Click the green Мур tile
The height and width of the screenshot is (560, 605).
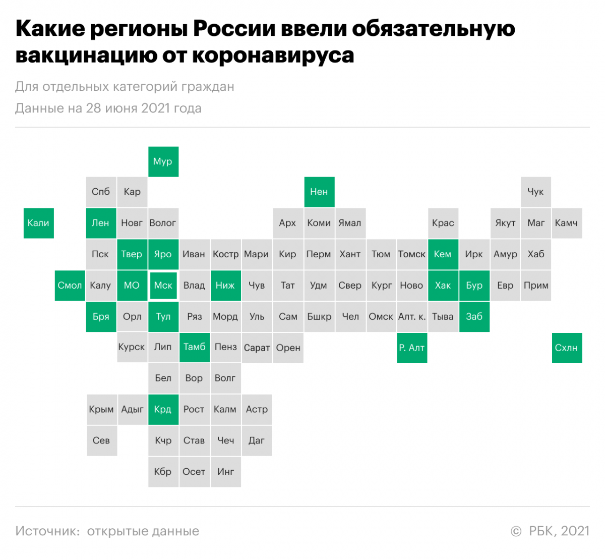[163, 161]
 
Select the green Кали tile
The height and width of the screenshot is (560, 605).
[39, 223]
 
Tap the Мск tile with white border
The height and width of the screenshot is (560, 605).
[163, 286]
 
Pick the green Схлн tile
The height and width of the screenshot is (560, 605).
[567, 348]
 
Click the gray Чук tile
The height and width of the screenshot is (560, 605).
[536, 192]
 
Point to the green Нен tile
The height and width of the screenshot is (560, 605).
[319, 192]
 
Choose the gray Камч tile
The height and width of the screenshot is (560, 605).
[567, 223]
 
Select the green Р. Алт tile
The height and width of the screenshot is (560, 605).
[412, 348]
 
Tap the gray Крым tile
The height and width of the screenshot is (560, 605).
[102, 410]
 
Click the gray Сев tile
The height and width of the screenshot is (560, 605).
[102, 440]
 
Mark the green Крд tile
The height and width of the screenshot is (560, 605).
[163, 410]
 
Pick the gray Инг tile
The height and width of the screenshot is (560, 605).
[225, 472]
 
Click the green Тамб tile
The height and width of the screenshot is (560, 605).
[194, 347]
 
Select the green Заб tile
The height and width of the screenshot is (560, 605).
[474, 317]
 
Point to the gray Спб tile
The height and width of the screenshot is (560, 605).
[101, 192]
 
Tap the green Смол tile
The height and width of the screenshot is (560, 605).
[70, 286]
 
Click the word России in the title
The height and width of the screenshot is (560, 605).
[234, 29]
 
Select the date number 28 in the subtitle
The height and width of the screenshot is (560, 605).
[93, 108]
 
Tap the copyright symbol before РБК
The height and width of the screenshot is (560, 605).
[516, 531]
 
